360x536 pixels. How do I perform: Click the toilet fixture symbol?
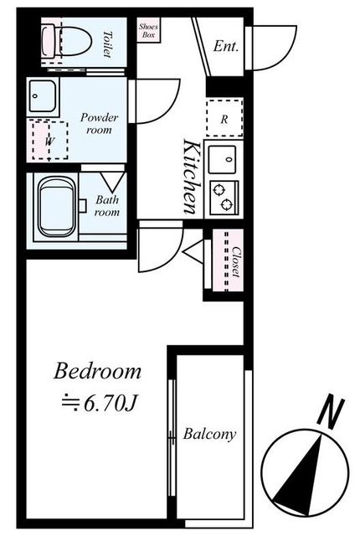pos(67,42)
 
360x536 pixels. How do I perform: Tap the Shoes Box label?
pos(148,30)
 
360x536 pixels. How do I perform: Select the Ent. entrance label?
pos(225,46)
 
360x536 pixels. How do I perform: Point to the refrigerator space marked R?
pos(224,117)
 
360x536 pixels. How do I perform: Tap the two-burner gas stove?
pos(224,198)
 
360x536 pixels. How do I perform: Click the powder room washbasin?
pos(43,96)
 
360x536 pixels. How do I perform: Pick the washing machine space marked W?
pos(49,140)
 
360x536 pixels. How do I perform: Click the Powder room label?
pos(99,123)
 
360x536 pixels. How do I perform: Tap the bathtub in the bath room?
pos(56,207)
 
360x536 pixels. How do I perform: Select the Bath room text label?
pos(107,205)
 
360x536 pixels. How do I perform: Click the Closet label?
pos(236,261)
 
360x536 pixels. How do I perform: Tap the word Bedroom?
pos(97,371)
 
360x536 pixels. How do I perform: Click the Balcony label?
pos(209,434)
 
